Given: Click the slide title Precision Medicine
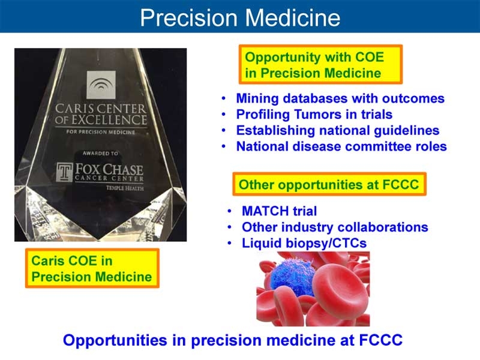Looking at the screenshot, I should (x=240, y=17).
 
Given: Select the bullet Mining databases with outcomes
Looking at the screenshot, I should (x=340, y=98).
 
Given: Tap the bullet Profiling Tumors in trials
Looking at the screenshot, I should (x=314, y=114).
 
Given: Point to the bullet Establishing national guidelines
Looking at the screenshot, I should (x=337, y=130).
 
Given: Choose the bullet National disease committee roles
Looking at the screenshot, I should (x=341, y=146).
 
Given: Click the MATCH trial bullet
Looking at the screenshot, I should (x=279, y=211).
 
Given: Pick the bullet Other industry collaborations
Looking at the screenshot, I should (x=334, y=227).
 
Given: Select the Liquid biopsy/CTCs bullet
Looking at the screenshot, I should (x=304, y=243).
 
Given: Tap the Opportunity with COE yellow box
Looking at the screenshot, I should (x=320, y=65).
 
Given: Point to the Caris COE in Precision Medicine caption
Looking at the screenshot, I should (x=92, y=269).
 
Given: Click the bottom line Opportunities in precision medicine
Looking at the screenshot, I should (x=233, y=340).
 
